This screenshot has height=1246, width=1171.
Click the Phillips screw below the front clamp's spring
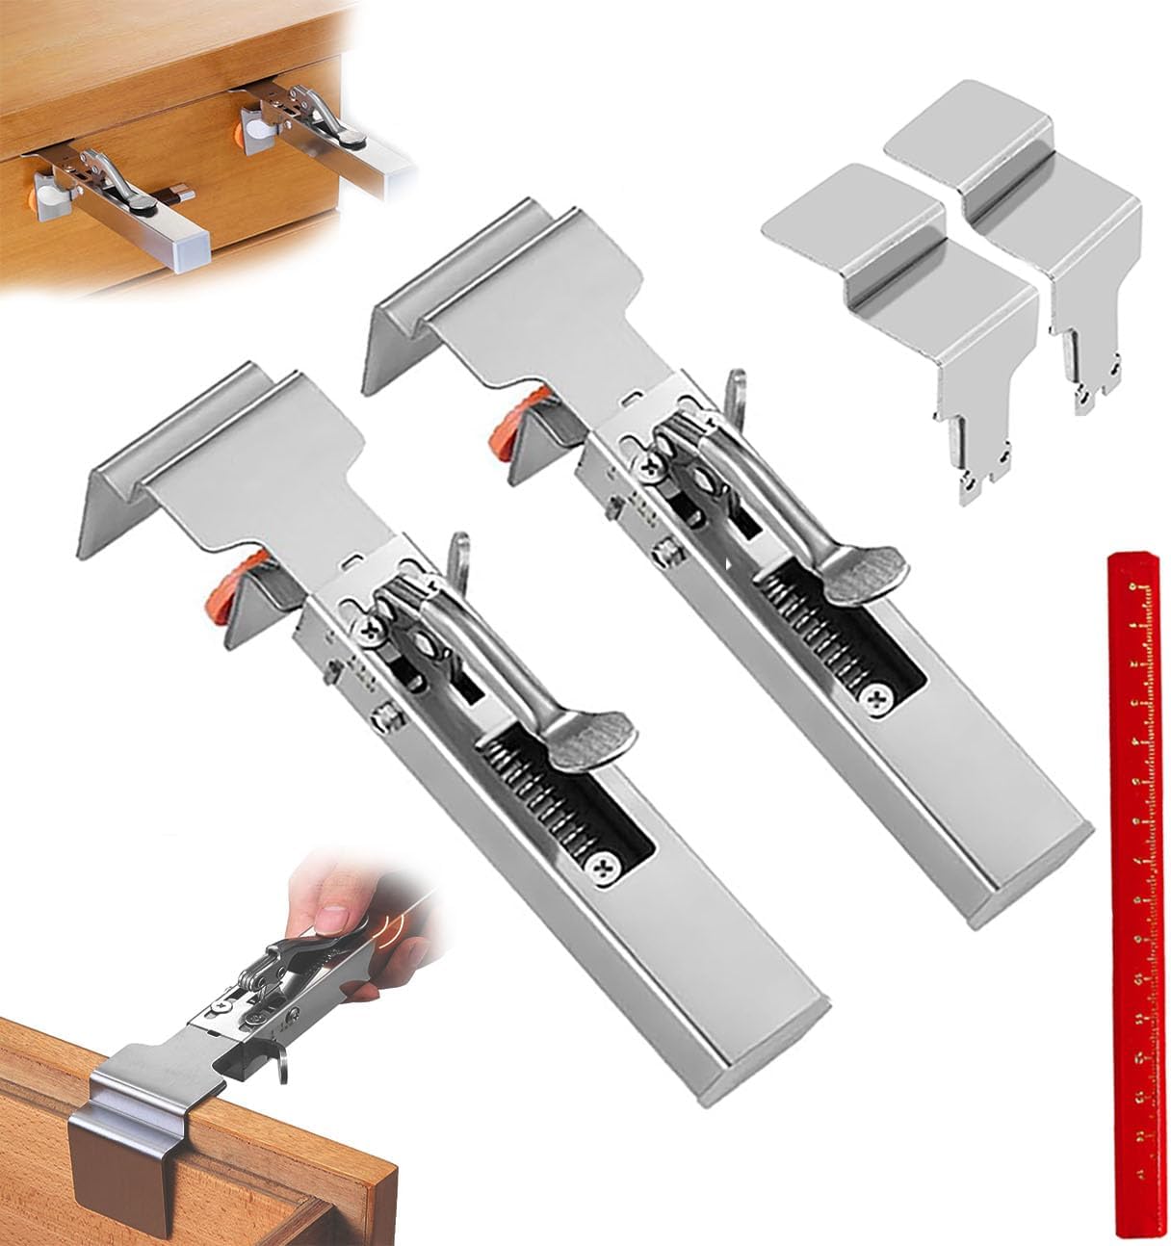[x=604, y=866]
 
